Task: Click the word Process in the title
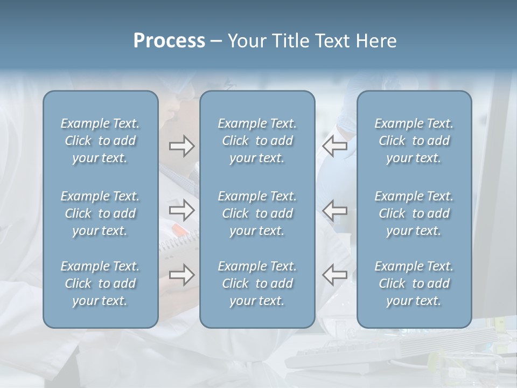point(169,41)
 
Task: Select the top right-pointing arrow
point(181,145)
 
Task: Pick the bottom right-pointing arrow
point(181,274)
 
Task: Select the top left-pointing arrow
point(335,145)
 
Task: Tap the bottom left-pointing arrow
point(335,274)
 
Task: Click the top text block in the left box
point(100,141)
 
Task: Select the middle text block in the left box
point(100,213)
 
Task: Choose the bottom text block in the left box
point(100,283)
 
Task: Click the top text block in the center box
point(257,141)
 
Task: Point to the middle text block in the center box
point(257,213)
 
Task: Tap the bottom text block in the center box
point(257,283)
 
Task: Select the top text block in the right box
point(414,141)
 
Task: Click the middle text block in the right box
point(414,213)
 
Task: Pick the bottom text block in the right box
point(414,283)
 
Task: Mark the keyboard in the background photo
point(345,353)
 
